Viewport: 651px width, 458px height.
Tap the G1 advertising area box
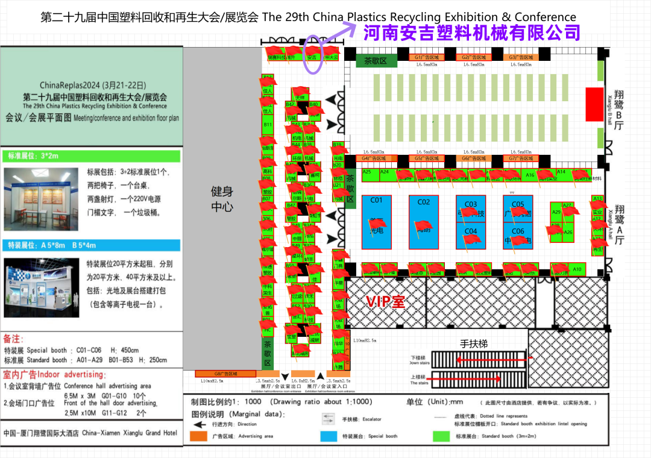[x=427, y=57]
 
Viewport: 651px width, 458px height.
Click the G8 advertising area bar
[x=226, y=374]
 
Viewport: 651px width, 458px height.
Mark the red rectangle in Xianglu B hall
[x=594, y=104]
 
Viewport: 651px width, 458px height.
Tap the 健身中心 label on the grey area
[x=222, y=199]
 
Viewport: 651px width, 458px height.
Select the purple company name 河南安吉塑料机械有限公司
[x=471, y=33]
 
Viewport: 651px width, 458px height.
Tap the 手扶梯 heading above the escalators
[x=474, y=344]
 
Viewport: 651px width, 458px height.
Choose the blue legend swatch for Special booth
[x=329, y=436]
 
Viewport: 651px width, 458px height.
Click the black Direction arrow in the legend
[x=197, y=424]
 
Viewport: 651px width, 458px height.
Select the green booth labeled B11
[x=268, y=125]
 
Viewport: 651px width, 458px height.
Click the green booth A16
[x=530, y=175]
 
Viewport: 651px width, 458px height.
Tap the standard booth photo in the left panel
[x=41, y=199]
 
